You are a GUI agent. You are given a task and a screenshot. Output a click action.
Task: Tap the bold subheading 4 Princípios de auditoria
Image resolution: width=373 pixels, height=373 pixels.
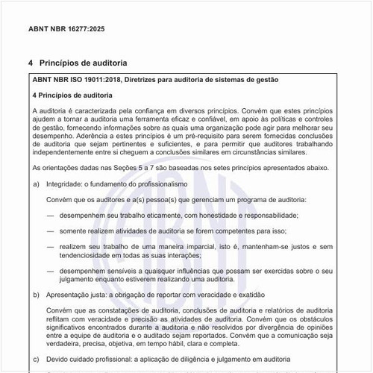72,95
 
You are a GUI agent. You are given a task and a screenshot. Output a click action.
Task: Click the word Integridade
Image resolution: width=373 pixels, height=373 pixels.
69,184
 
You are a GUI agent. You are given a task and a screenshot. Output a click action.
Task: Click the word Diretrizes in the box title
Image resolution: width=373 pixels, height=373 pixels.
145,79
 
